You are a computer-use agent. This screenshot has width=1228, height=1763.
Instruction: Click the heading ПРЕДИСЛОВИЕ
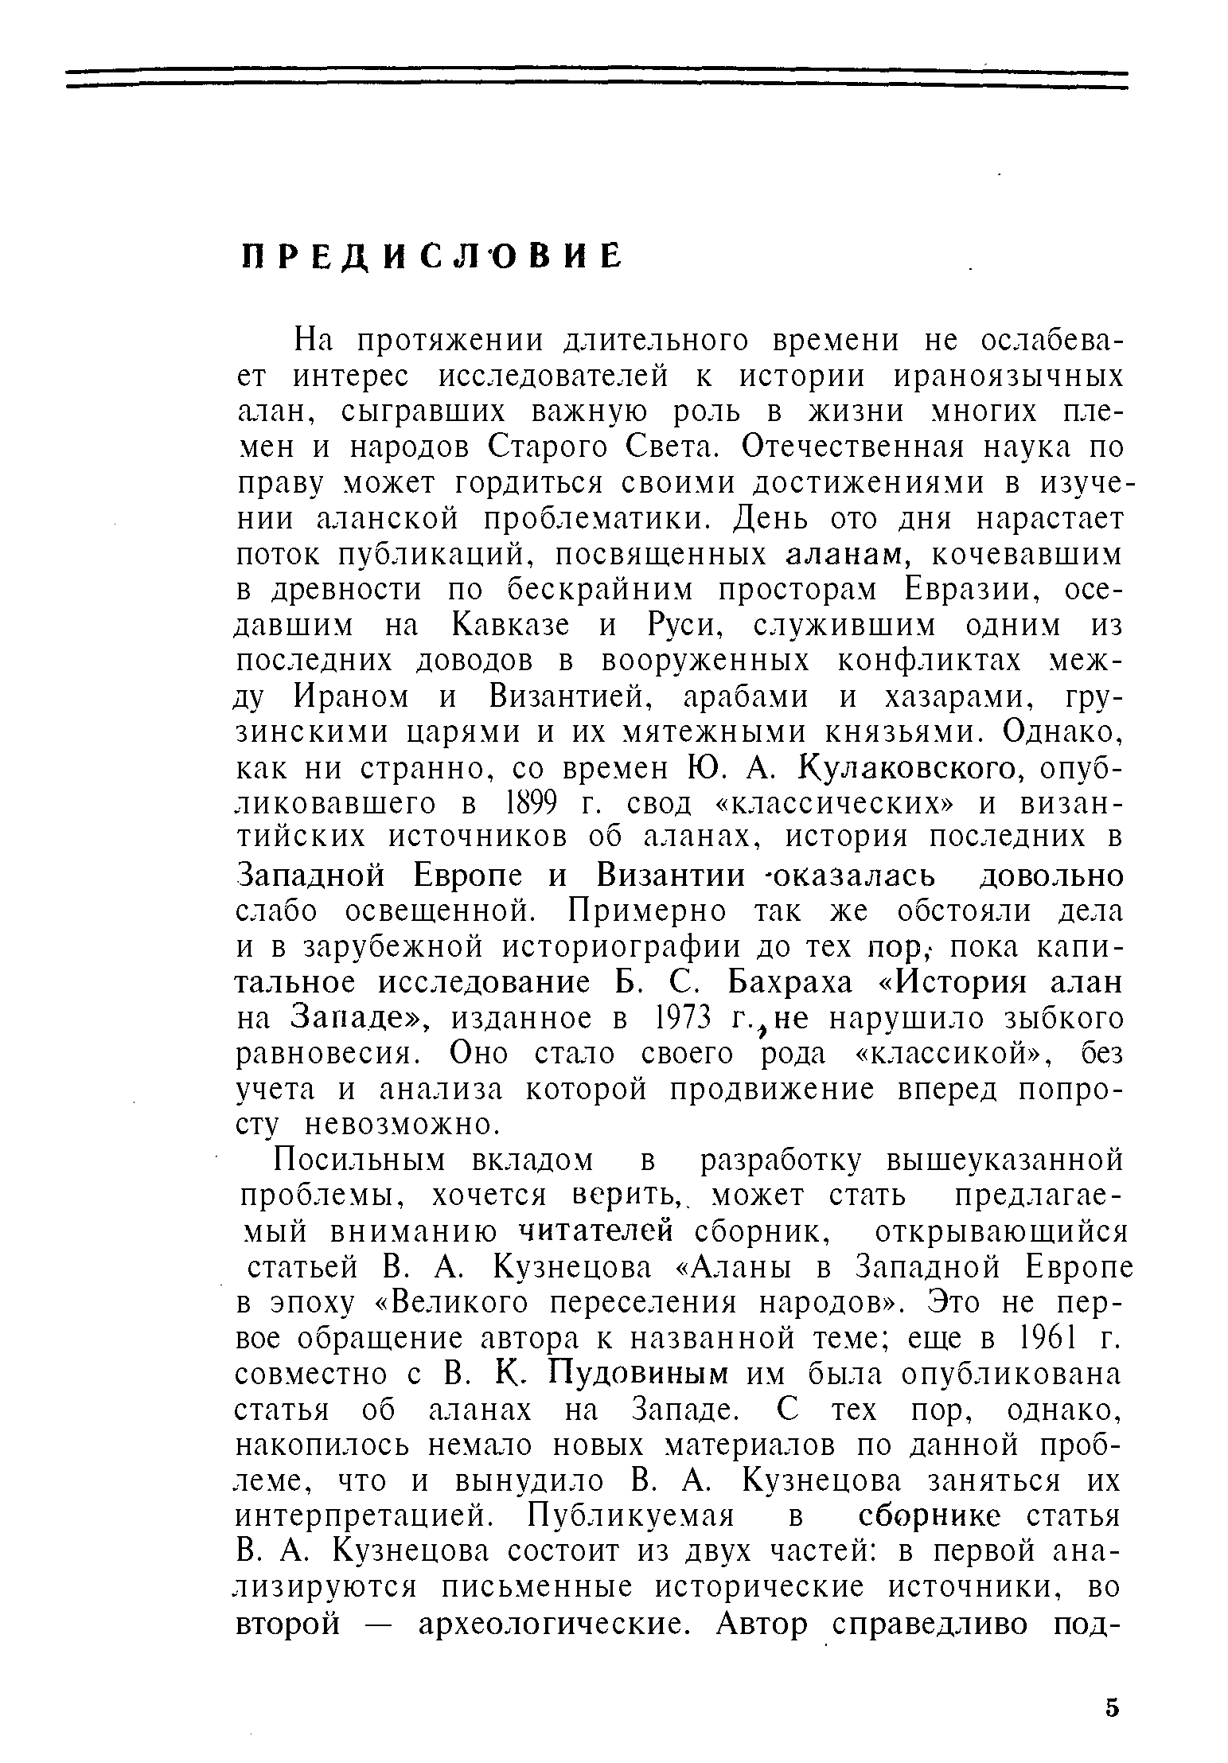coord(431,256)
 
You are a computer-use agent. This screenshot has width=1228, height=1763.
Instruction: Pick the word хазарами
coord(953,697)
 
